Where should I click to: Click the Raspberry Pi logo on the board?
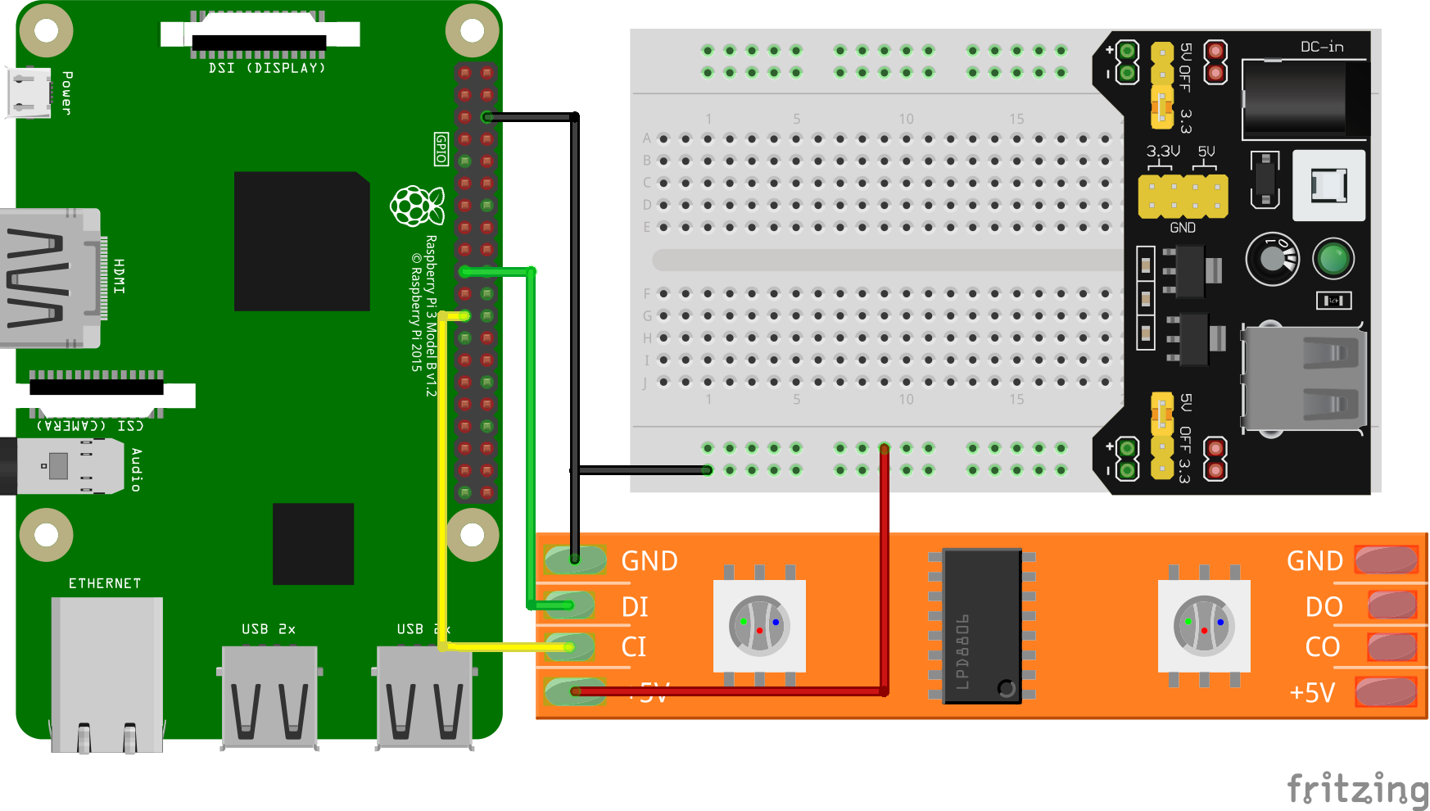[417, 206]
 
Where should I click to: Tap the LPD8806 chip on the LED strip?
[982, 625]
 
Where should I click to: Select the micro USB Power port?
[28, 93]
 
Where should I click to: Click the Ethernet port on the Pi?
[106, 672]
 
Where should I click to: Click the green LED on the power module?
[1333, 259]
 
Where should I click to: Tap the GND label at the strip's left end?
[649, 561]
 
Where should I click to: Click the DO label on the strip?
[1324, 607]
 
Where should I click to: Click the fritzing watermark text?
[1356, 789]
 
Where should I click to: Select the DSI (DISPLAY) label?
[267, 68]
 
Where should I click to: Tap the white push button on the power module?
[1328, 185]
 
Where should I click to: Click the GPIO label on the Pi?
[441, 149]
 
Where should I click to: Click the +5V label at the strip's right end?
[1312, 693]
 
